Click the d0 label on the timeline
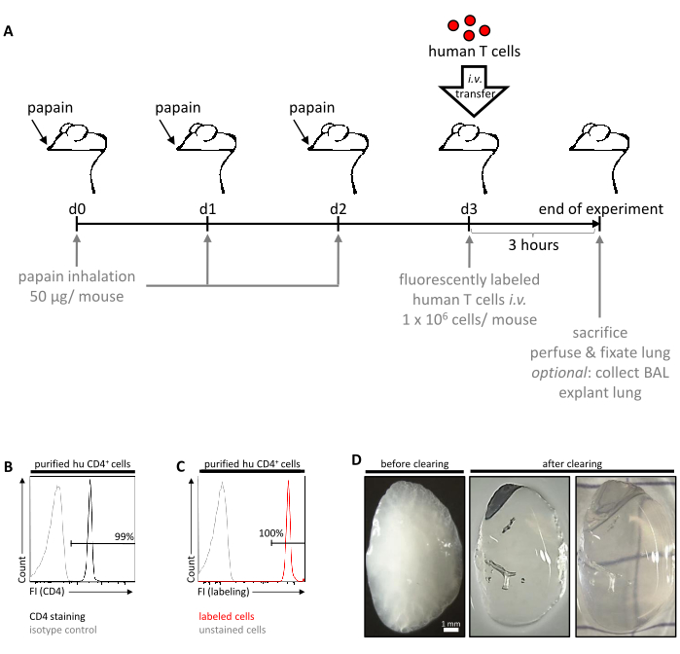click(77, 209)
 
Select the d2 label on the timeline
click(338, 209)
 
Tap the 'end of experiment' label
click(603, 208)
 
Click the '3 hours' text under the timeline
click(532, 244)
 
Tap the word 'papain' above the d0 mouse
click(50, 109)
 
